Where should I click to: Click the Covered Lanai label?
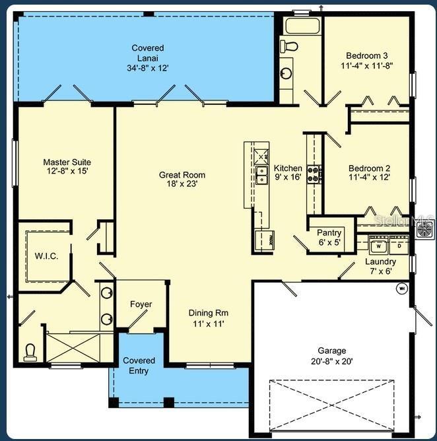(x=148, y=53)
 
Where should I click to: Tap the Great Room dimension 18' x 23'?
(x=182, y=184)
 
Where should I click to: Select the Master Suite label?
(x=67, y=162)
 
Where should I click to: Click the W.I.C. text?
(x=46, y=256)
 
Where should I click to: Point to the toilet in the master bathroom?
(x=30, y=353)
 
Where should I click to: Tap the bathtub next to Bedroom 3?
(x=302, y=26)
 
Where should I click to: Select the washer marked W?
(x=378, y=246)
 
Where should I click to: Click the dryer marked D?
(x=399, y=246)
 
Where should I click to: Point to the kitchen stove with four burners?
(x=314, y=174)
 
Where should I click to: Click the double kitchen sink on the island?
(x=261, y=175)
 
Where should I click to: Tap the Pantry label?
(x=329, y=232)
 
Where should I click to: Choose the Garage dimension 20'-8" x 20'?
(x=332, y=361)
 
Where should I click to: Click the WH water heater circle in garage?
(x=402, y=288)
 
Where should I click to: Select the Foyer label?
(x=141, y=304)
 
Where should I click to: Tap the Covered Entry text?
(x=139, y=366)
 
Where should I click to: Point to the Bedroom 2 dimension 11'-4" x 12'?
(x=369, y=177)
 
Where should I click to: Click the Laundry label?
(x=380, y=261)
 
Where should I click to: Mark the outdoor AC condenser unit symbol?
(x=424, y=230)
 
